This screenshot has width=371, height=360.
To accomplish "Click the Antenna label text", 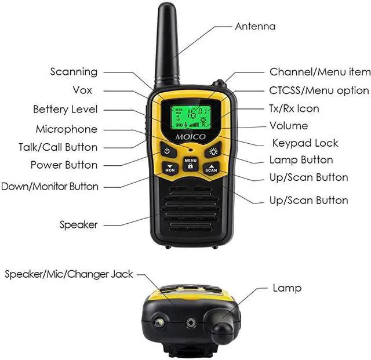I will pos(255,26).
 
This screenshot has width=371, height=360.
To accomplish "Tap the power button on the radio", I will pos(167,151).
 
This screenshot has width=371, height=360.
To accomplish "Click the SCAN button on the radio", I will pos(211,169).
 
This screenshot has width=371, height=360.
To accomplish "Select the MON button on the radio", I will pos(170,169).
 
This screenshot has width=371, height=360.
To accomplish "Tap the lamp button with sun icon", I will pos(213,151).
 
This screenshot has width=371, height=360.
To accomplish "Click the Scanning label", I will pos(74,72).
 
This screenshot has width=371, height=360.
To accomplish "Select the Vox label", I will pos(82,90).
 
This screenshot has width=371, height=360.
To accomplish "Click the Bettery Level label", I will pos(66,109).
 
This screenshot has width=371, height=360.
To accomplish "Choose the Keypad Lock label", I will pos(305,143).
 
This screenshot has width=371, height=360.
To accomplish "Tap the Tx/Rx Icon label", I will pos(294,108).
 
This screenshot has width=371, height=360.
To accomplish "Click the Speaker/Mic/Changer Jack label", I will pos(69,274).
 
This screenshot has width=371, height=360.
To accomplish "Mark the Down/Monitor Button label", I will pos(50,187).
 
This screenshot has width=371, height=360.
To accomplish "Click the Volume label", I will pos(289,126).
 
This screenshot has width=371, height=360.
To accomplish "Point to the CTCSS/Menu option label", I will pos(319,90).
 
